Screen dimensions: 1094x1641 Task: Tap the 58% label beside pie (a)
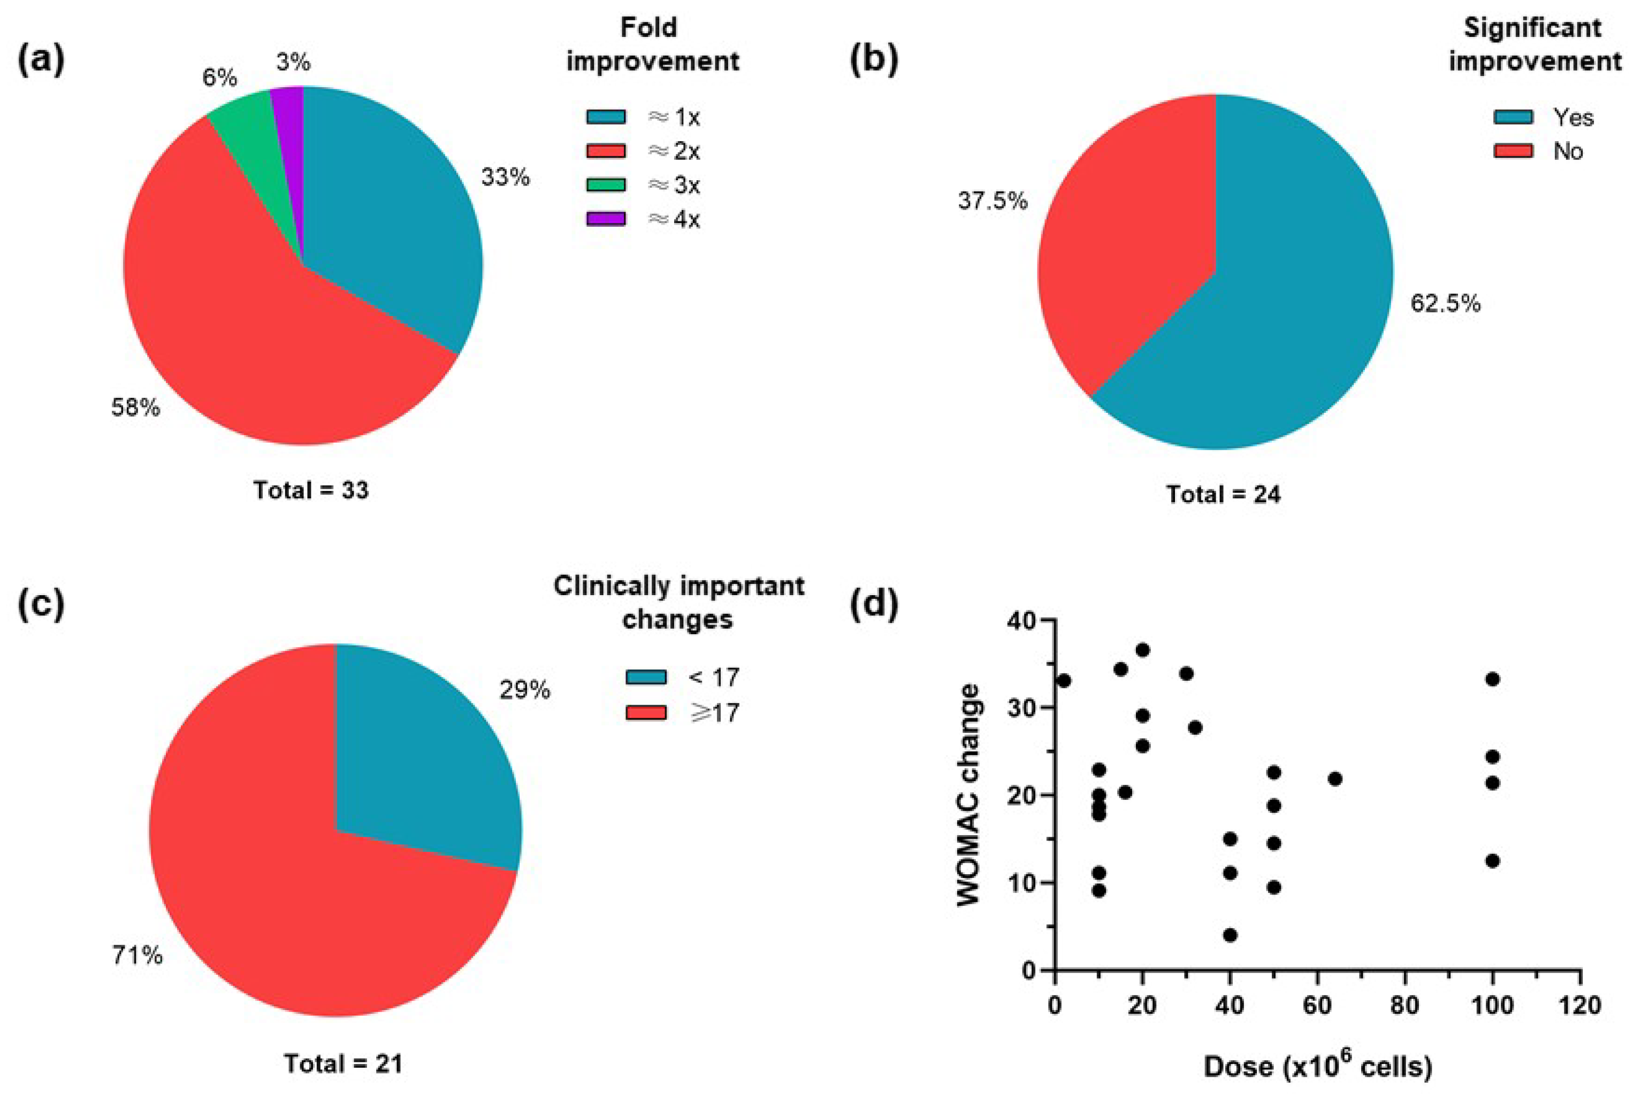point(135,407)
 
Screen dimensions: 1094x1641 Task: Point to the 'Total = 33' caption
point(311,490)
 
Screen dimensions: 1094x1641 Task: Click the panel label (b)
point(873,60)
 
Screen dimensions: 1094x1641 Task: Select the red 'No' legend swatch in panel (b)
point(1513,151)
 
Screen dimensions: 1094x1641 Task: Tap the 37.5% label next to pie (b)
point(993,202)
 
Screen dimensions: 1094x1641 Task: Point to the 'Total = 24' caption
point(1224,495)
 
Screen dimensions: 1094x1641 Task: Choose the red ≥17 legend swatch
point(646,712)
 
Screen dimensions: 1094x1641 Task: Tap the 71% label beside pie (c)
point(138,955)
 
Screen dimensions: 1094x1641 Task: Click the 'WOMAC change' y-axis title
point(969,796)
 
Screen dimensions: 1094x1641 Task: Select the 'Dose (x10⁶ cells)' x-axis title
point(1318,1066)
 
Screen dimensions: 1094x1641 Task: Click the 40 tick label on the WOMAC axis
point(1021,620)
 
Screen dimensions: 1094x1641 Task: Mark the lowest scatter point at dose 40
point(1231,935)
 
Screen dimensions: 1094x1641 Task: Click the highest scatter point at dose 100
point(1492,679)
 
